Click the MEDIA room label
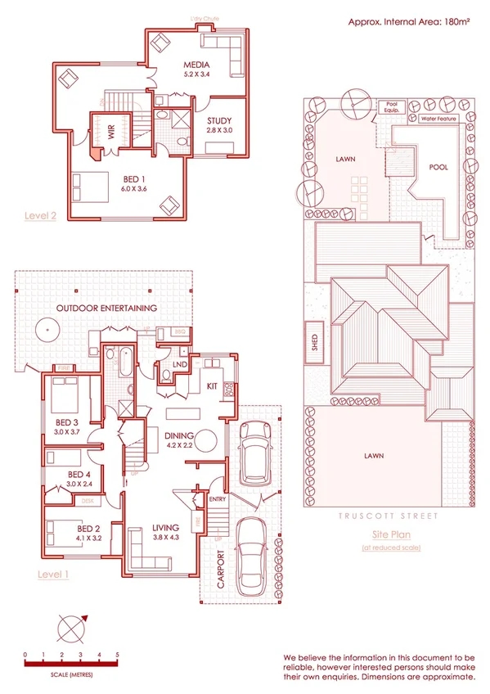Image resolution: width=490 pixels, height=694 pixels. coord(196,65)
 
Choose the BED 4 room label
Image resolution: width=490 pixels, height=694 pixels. coord(79,474)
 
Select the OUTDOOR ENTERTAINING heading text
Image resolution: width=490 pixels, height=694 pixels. coord(106,309)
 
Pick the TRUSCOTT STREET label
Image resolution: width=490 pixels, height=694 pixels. coord(387,516)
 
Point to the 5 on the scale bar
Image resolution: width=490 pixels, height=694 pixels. coord(118,656)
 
